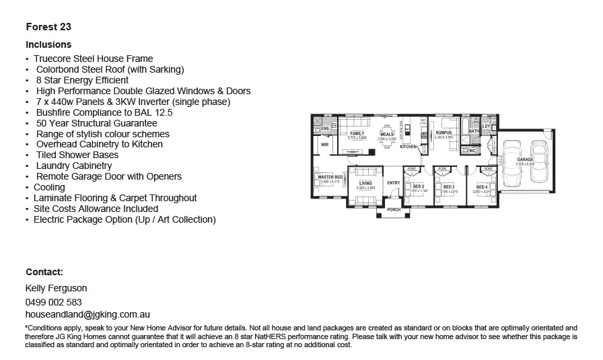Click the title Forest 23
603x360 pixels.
(x=48, y=28)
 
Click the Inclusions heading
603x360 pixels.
(x=48, y=44)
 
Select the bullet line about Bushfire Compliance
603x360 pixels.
(x=104, y=112)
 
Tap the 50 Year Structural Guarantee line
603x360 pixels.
(x=96, y=123)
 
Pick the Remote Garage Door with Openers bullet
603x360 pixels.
(x=108, y=176)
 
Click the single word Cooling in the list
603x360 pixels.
(x=49, y=187)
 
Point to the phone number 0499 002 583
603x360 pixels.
(x=54, y=302)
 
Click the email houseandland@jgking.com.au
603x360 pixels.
(x=87, y=314)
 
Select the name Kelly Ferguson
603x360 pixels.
(x=57, y=289)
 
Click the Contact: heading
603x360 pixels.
(x=44, y=272)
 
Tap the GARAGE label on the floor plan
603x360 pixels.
(x=525, y=159)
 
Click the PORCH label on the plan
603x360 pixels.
(x=394, y=210)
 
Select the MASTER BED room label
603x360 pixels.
(x=330, y=177)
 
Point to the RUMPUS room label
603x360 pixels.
(x=444, y=133)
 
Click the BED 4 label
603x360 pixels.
(x=482, y=187)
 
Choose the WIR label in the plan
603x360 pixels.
(x=324, y=144)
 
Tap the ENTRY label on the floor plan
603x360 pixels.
(x=394, y=183)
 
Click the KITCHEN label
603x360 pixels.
(x=409, y=146)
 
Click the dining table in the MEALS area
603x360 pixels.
(x=387, y=128)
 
